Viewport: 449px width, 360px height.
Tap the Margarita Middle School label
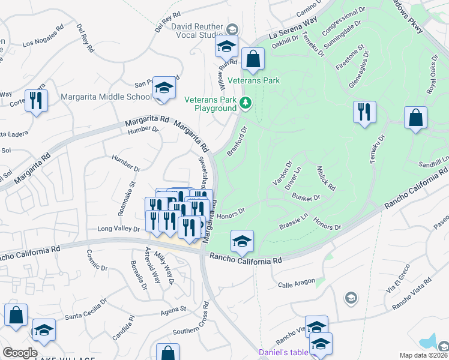[x=106, y=97]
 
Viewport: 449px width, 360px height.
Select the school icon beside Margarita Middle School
[x=164, y=88]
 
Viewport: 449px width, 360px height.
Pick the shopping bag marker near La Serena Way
[x=253, y=59]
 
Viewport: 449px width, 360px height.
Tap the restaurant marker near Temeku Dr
[x=364, y=112]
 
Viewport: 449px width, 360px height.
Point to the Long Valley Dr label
[x=119, y=229]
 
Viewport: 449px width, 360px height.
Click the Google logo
[x=20, y=353]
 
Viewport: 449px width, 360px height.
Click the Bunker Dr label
[x=307, y=197]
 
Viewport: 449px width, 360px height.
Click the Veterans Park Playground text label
[x=209, y=104]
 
